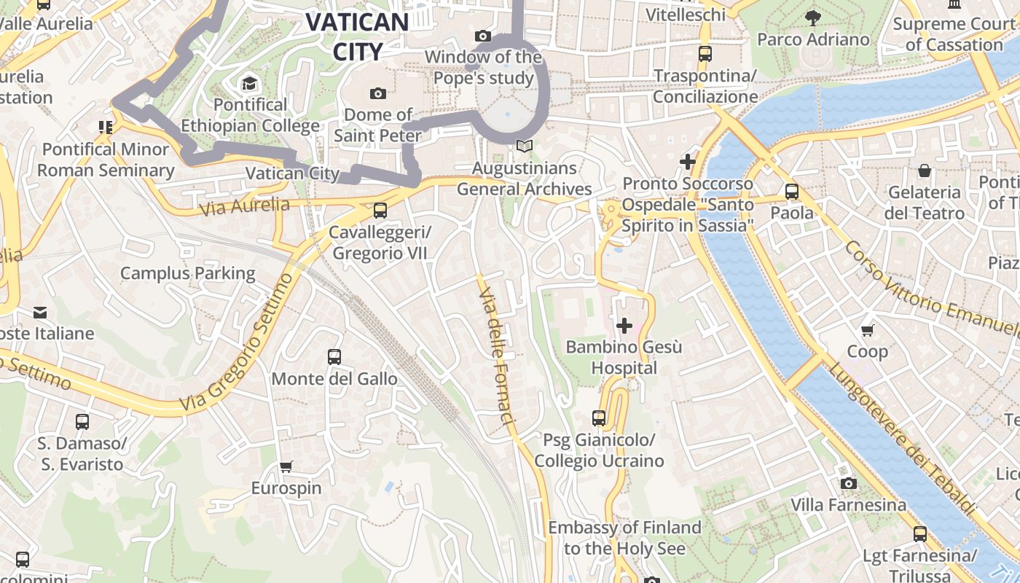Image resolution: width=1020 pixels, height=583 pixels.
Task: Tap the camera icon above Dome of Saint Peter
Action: [377, 93]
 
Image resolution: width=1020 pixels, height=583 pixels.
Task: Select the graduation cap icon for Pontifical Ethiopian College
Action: [250, 83]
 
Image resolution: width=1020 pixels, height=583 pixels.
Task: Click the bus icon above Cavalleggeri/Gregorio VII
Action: [380, 211]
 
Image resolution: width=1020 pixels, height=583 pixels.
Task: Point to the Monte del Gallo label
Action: [334, 379]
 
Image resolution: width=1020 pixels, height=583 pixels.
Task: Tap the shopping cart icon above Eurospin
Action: [286, 466]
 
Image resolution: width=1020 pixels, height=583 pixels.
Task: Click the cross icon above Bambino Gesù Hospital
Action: [624, 326]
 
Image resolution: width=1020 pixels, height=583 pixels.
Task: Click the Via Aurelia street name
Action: [244, 206]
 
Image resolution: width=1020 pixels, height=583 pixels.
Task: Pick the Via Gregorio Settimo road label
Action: [237, 343]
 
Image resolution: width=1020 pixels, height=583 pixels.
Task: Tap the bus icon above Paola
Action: [792, 192]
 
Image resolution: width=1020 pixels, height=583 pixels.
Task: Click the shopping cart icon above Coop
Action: [867, 330]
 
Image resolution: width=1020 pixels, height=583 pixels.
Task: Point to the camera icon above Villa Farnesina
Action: [848, 483]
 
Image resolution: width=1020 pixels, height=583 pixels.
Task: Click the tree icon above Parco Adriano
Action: [813, 17]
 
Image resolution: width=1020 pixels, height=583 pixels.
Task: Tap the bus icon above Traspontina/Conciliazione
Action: [705, 53]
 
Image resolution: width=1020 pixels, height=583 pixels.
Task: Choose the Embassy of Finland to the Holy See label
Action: [624, 538]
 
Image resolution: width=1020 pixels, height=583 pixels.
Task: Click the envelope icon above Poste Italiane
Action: [40, 313]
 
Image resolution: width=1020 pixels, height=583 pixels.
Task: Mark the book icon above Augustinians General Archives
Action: [524, 146]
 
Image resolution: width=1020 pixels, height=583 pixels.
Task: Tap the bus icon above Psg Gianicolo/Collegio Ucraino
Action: [599, 418]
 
